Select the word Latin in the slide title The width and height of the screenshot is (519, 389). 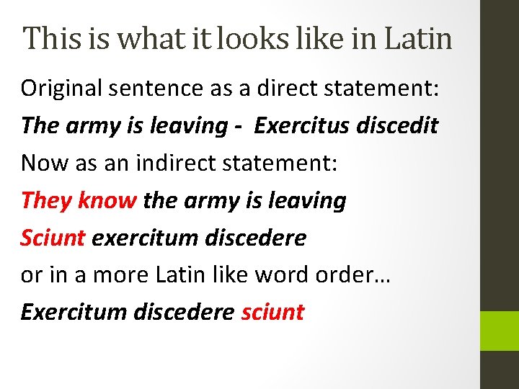click(419, 37)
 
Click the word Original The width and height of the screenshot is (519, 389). click(61, 88)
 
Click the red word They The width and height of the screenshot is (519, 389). click(45, 200)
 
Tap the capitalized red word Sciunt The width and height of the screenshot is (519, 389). click(53, 238)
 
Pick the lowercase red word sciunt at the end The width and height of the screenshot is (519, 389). click(272, 313)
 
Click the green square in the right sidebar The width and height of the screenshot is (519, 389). click(500, 331)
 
